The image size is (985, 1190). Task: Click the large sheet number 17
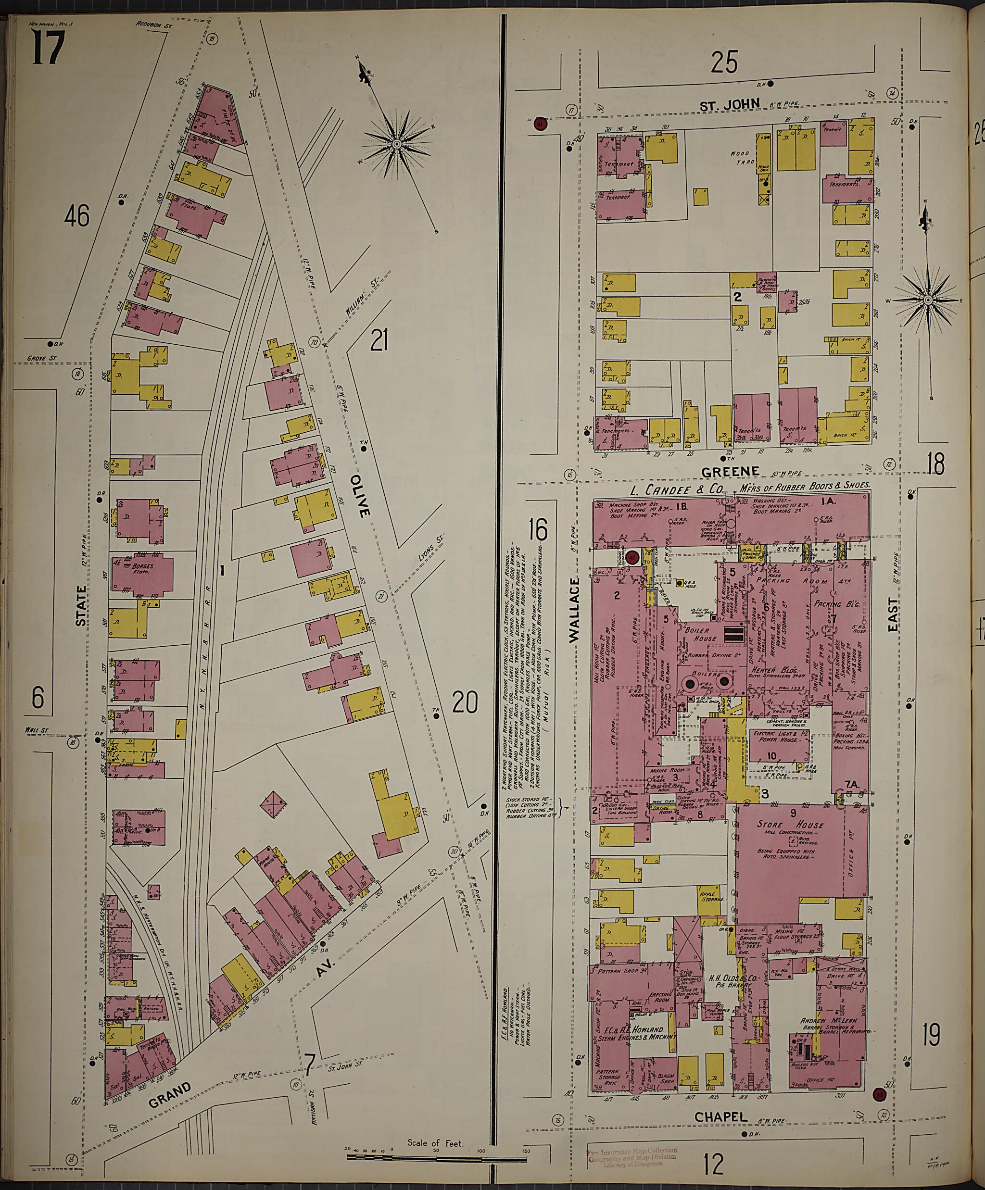48,48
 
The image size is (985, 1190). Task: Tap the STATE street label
82,606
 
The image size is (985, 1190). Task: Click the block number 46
76,216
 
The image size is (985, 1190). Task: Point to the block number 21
378,341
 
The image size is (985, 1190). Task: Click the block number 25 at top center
725,63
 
